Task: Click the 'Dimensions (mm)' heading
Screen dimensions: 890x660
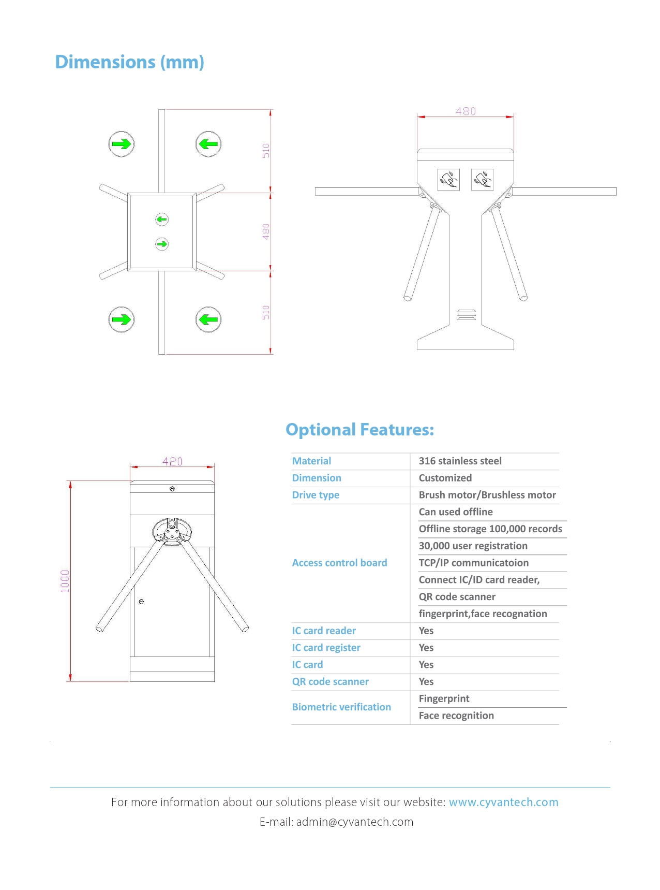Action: [x=129, y=62]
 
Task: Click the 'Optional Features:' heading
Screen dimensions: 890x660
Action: [x=359, y=430]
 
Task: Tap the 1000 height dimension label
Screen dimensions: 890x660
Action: [x=65, y=580]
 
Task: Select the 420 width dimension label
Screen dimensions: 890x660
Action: [x=172, y=461]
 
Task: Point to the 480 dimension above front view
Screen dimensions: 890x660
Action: [x=466, y=111]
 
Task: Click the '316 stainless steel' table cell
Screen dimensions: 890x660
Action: [x=460, y=461]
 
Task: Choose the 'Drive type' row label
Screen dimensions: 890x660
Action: [x=316, y=495]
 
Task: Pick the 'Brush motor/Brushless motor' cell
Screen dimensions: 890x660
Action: [x=487, y=495]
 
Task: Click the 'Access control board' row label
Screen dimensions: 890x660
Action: [x=339, y=563]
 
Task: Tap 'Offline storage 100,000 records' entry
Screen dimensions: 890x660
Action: [x=490, y=529]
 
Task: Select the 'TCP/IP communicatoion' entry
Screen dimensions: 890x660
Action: [x=473, y=563]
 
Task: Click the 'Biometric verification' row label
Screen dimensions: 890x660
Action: [x=341, y=707]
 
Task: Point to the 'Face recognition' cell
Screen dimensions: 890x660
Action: [x=456, y=716]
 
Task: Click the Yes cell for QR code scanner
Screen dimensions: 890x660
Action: [x=426, y=682]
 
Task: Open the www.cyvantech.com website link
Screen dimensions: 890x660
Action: [x=503, y=803]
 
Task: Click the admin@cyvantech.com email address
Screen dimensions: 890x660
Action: [x=354, y=822]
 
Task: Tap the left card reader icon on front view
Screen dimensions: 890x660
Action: [x=448, y=180]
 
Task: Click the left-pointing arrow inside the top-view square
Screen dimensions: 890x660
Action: [x=162, y=220]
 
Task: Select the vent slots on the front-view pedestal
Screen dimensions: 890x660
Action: [x=466, y=315]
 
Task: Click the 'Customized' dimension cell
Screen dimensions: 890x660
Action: [x=445, y=478]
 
